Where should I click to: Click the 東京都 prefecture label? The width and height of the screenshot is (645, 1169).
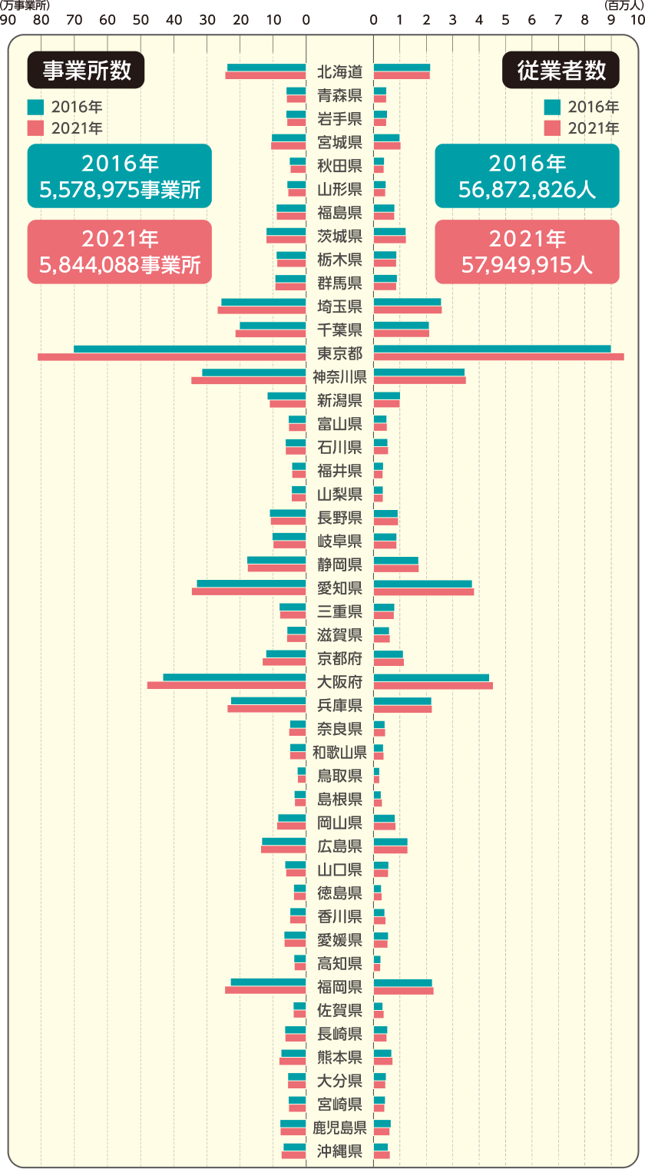(x=339, y=353)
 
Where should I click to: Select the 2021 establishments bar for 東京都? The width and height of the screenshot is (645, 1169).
(x=172, y=357)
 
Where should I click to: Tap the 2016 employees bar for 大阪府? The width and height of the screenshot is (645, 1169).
(x=431, y=677)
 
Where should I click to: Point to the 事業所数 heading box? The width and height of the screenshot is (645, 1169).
(x=86, y=71)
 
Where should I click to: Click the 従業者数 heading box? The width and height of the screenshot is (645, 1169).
(x=561, y=71)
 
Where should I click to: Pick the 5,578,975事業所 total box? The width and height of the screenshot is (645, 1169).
(x=119, y=177)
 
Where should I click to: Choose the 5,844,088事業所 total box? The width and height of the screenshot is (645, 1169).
(x=119, y=252)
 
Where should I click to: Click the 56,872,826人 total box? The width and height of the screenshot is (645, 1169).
(x=527, y=177)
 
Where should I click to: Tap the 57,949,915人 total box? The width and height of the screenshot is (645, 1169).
(x=527, y=252)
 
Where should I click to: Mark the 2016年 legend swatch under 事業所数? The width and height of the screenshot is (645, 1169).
(x=35, y=107)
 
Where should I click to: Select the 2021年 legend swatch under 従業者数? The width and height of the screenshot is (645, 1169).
(x=552, y=128)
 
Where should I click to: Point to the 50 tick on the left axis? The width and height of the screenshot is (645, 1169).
(x=141, y=19)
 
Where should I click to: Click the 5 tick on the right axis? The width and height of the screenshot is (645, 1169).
(x=505, y=19)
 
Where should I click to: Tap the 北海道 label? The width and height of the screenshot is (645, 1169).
(x=339, y=72)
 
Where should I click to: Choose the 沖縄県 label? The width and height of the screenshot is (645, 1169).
(x=339, y=1151)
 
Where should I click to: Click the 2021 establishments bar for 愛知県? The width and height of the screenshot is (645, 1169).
(x=249, y=591)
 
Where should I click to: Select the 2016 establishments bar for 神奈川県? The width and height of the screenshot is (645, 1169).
(x=254, y=373)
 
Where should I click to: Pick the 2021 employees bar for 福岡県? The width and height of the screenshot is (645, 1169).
(x=403, y=991)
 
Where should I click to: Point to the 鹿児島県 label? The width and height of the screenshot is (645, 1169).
(x=339, y=1128)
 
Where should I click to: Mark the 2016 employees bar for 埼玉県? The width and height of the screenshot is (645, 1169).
(x=407, y=303)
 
